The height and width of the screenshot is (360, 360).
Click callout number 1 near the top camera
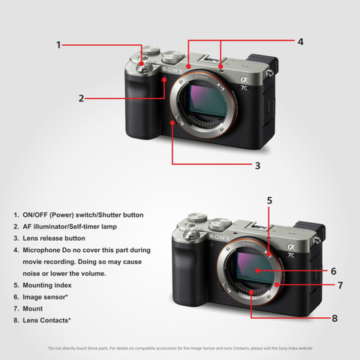click(x=59, y=45)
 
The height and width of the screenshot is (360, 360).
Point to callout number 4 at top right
click(x=300, y=42)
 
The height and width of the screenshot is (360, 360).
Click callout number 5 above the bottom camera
click(x=269, y=201)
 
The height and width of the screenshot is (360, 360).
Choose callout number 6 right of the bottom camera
click(x=332, y=271)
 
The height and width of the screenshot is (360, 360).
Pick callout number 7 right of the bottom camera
click(x=339, y=286)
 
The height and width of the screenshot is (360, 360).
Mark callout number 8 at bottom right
click(x=334, y=318)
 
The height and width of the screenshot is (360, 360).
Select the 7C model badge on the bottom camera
click(x=291, y=253)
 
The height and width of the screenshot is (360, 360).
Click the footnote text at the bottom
click(x=180, y=348)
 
